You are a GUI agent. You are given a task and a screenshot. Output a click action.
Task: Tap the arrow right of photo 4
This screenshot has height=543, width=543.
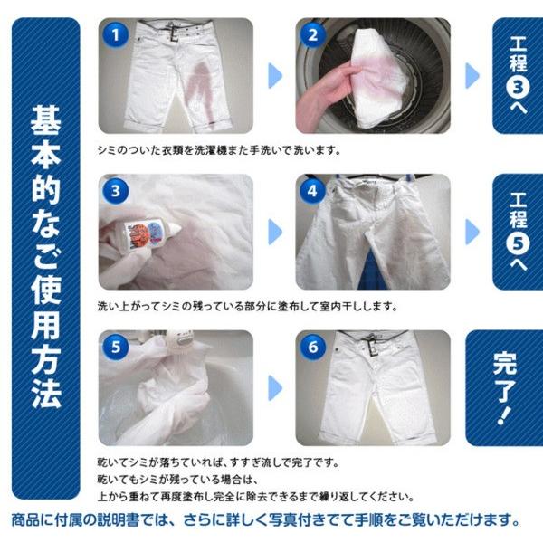(472, 230)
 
